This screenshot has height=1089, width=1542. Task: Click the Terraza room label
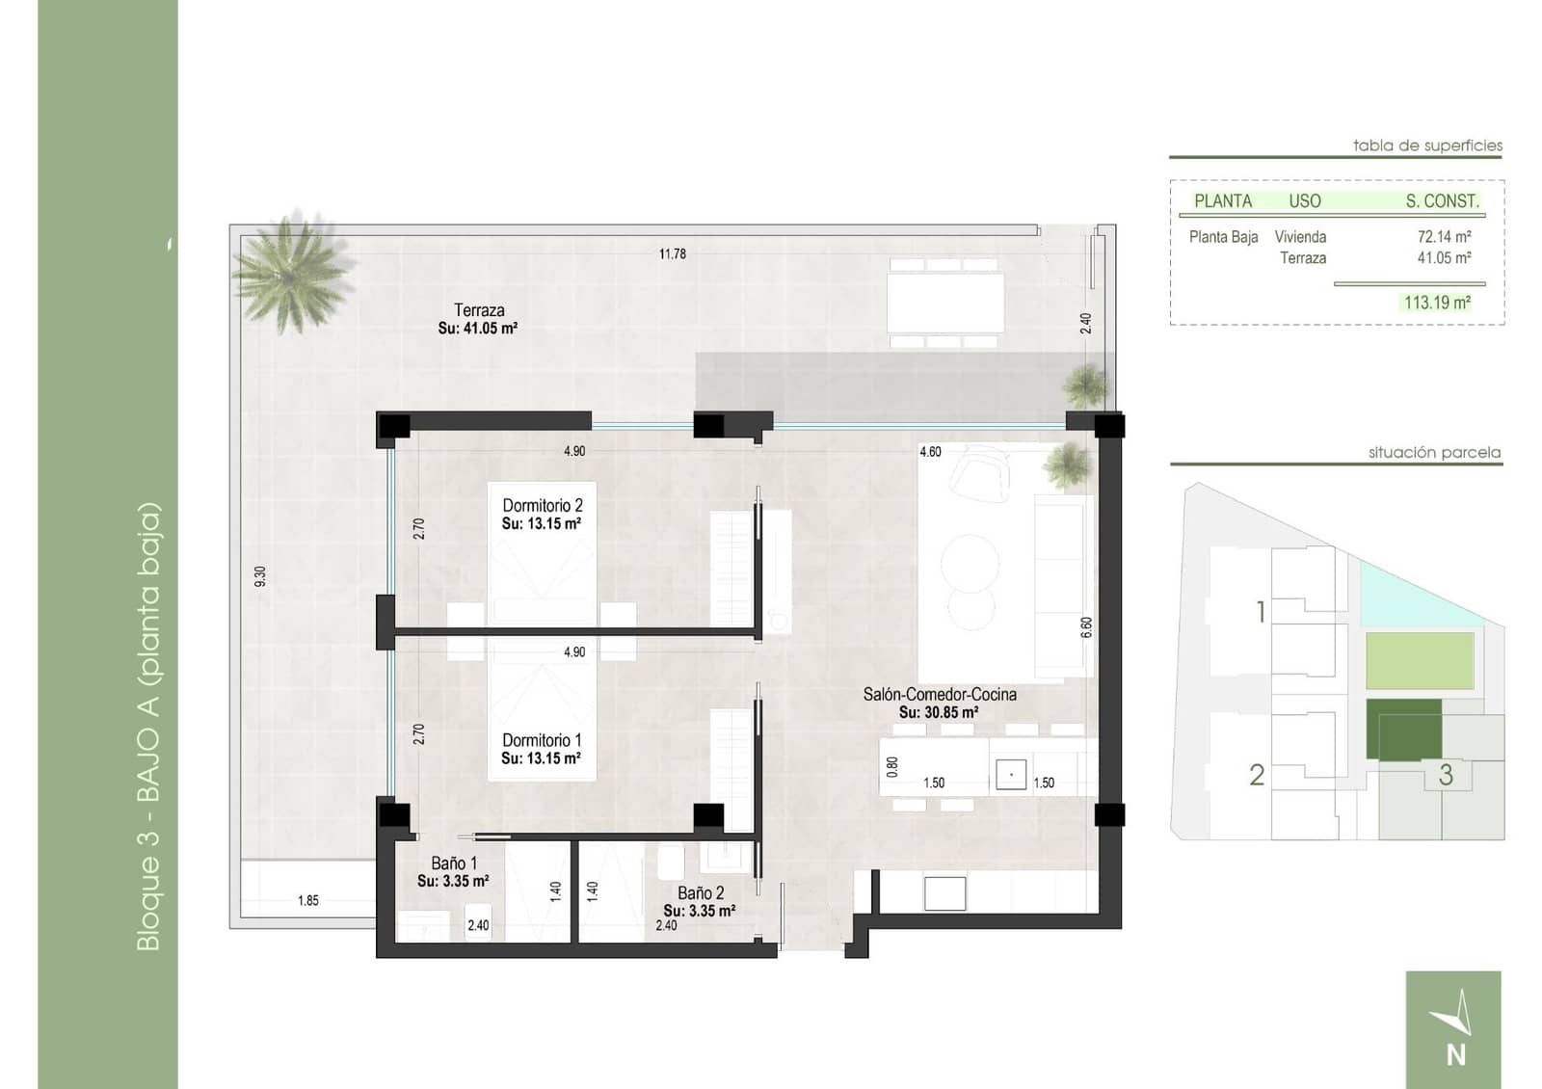[479, 310]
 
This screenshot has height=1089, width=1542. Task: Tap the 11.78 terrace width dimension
[673, 254]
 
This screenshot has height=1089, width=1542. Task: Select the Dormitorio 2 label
[542, 506]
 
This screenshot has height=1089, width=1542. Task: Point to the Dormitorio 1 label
[542, 740]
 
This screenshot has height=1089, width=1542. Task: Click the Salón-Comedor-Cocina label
[940, 695]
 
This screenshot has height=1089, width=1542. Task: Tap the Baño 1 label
[454, 863]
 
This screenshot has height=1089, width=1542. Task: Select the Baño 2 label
[701, 893]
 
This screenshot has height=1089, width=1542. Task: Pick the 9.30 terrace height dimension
[259, 576]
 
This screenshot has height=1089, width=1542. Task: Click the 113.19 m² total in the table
[1437, 303]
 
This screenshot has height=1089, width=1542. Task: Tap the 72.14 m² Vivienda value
[1444, 236]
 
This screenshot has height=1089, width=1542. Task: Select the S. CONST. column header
[1442, 201]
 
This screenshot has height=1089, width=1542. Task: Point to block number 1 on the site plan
[1261, 612]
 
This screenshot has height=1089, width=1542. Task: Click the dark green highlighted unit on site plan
[1404, 730]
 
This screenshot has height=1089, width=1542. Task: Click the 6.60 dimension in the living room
[1087, 627]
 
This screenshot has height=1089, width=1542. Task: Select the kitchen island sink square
[1010, 775]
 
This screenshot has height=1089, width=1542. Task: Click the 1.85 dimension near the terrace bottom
[307, 901]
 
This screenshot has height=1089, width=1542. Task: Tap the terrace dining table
[944, 302]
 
